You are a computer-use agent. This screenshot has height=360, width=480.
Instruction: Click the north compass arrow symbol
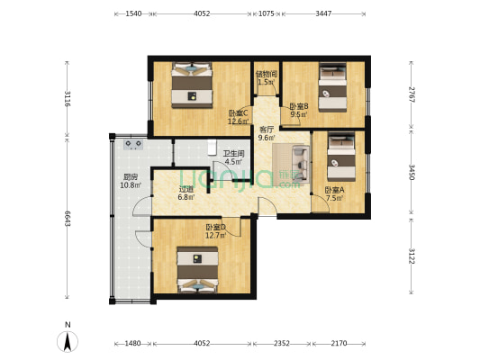[x=67, y=341]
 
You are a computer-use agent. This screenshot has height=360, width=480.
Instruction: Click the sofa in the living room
[x=296, y=162]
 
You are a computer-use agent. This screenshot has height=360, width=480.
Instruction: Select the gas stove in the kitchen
[x=133, y=143]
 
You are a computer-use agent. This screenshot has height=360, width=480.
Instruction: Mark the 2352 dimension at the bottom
[x=281, y=343]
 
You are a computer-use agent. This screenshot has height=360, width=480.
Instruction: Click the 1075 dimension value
[x=267, y=13]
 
